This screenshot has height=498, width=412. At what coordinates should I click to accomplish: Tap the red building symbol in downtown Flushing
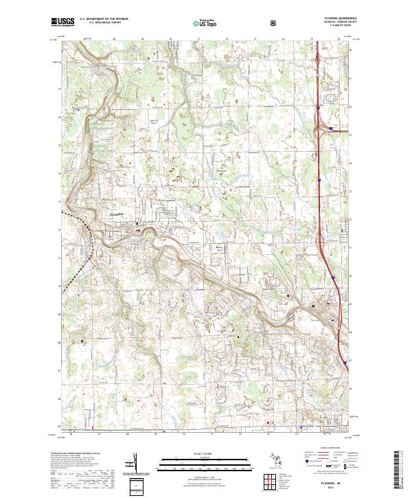click(x=139, y=231)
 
